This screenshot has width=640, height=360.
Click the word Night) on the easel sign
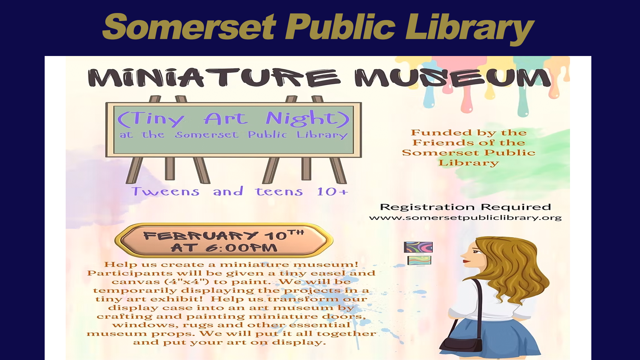click(307, 119)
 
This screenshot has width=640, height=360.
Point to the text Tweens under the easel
click(165, 191)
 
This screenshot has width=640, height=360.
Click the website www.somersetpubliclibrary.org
click(465, 218)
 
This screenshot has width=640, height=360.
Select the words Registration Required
click(465, 207)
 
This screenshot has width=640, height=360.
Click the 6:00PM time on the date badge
click(241, 248)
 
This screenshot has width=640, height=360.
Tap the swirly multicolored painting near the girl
click(418, 247)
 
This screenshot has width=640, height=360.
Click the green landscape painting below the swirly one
click(419, 260)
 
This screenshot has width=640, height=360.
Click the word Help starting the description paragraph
click(120, 265)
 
